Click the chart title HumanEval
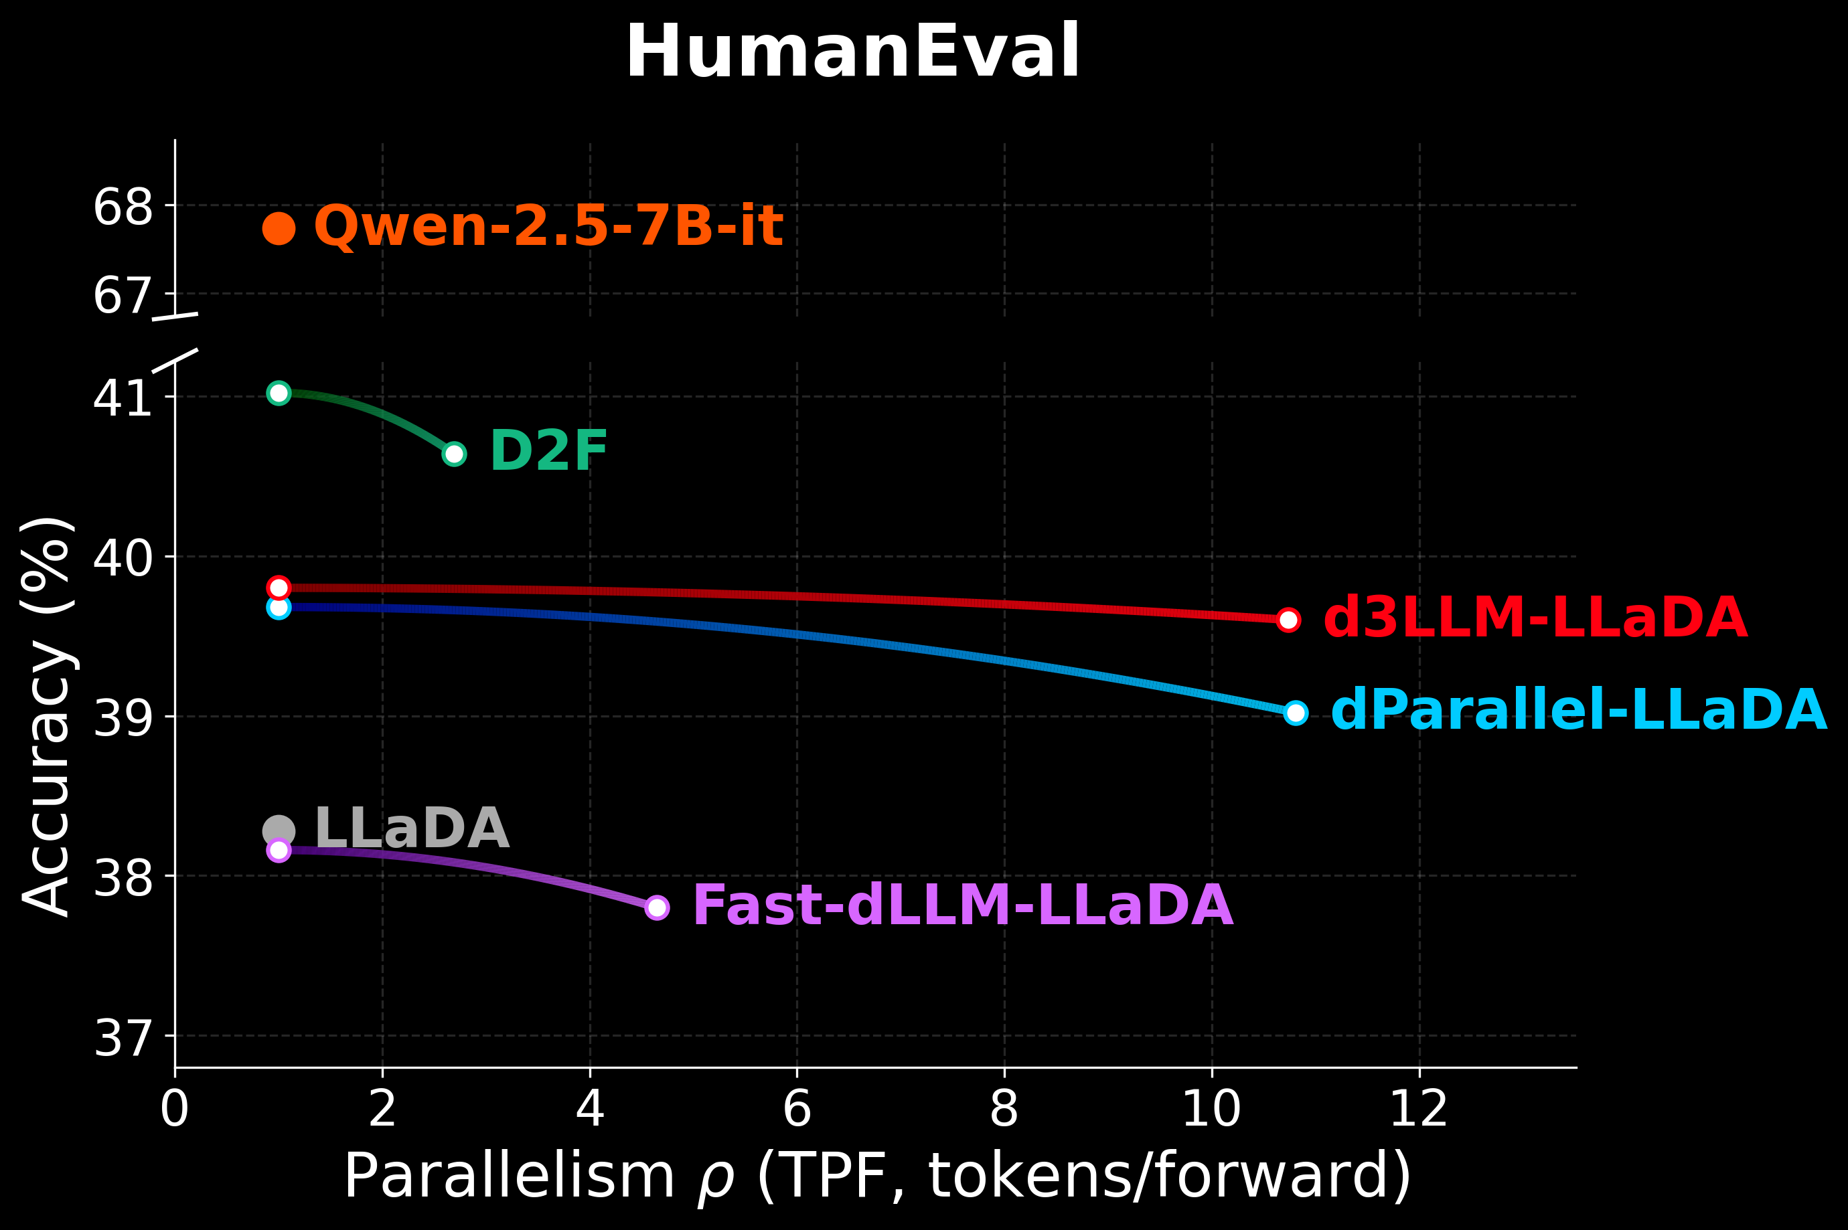(853, 52)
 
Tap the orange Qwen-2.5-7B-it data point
(279, 228)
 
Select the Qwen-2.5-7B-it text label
(548, 227)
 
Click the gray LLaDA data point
(279, 830)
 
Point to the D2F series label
(548, 451)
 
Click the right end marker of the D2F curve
(453, 454)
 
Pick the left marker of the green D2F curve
(279, 392)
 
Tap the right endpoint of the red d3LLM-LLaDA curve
(1288, 620)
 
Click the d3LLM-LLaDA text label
(1535, 618)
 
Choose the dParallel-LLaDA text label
(1579, 711)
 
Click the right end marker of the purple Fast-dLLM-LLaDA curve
(657, 907)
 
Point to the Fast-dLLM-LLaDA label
(963, 906)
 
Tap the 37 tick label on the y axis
(123, 1038)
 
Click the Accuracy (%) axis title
(49, 715)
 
